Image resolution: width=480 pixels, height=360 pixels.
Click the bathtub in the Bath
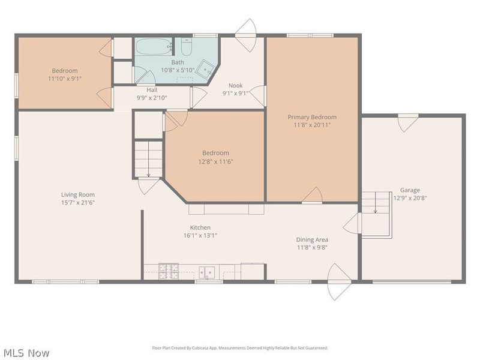tap(154, 47)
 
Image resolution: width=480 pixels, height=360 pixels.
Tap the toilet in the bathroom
tap(186, 46)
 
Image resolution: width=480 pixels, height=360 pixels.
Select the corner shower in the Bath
tap(205, 69)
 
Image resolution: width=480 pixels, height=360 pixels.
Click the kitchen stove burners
tap(169, 271)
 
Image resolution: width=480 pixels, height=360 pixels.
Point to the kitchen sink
tap(207, 272)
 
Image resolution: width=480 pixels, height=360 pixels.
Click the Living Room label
tap(78, 194)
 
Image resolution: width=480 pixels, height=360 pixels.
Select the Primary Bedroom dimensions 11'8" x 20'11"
tap(312, 125)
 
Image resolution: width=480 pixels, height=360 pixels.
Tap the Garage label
tap(410, 190)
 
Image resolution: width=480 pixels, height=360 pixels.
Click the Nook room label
tap(235, 85)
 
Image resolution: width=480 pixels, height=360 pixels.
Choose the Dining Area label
tap(312, 239)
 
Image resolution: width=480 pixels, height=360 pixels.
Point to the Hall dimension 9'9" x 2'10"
tap(152, 98)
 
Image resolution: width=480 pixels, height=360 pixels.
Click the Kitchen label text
tap(200, 227)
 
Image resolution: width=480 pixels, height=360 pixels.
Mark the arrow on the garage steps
tap(376, 203)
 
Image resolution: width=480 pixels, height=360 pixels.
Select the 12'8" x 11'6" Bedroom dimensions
tap(216, 161)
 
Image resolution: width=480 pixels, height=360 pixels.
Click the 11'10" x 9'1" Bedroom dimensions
tap(65, 79)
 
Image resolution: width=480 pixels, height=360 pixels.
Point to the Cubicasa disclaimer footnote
tap(240, 348)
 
